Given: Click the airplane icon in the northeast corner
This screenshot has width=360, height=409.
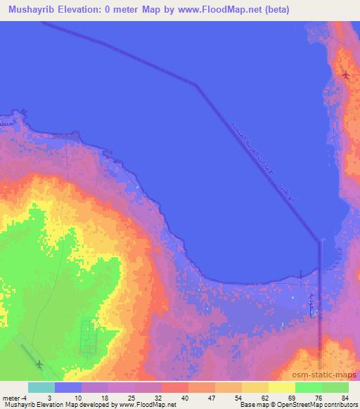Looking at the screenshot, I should tap(345, 74).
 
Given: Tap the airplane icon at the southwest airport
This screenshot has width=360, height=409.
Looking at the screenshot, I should tap(39, 363).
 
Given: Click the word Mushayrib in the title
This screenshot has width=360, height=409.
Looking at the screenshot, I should tap(31, 9).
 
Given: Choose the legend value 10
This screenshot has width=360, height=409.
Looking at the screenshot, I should tap(96, 397).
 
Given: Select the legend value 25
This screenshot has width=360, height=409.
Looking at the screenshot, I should tap(149, 397).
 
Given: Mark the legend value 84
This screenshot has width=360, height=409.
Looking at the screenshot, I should tap(345, 397).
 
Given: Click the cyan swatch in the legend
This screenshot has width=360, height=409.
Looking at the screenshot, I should tap(41, 387).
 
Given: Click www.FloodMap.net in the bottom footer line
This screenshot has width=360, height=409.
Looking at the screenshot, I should tap(148, 405).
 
